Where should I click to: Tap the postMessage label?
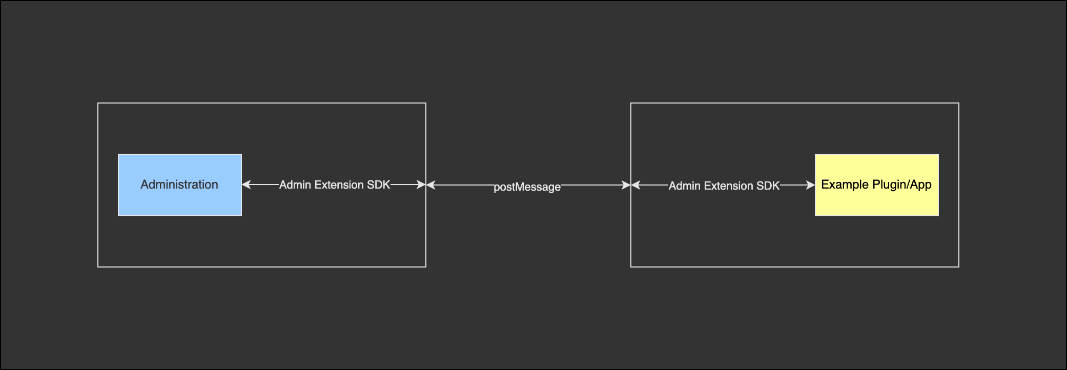(527, 187)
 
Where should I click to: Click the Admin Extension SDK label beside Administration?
(335, 185)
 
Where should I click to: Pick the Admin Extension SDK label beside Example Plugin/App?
(724, 186)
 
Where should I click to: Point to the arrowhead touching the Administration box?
(246, 184)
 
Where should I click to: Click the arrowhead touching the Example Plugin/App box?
(811, 185)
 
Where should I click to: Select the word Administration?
(179, 184)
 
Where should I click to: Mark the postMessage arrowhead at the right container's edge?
(626, 185)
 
